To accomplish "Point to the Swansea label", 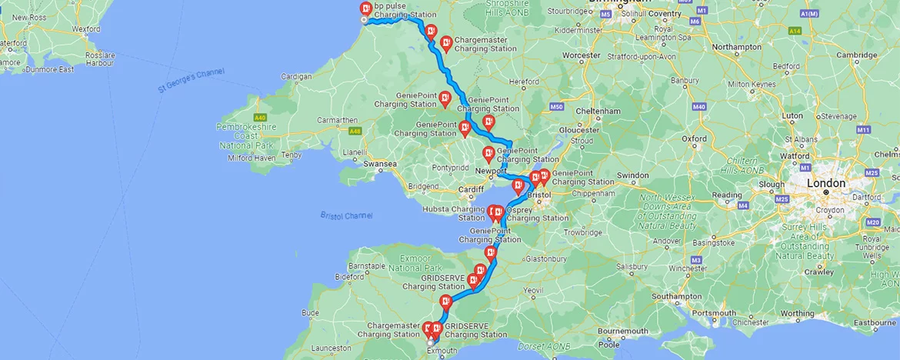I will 380,164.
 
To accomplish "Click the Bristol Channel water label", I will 346,215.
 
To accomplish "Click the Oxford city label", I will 694,138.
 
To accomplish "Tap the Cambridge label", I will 857,55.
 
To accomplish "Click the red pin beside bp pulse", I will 366,9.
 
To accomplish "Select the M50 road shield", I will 557,106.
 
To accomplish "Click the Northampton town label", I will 736,47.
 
